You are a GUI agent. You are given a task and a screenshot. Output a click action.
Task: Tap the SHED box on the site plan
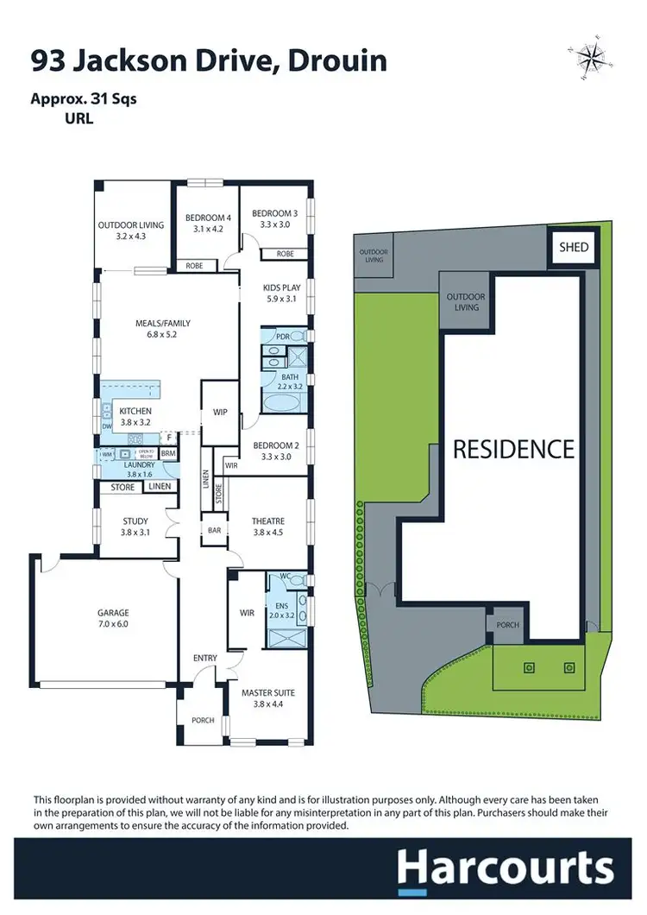(x=573, y=247)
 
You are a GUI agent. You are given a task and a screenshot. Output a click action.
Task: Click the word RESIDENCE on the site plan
(x=513, y=449)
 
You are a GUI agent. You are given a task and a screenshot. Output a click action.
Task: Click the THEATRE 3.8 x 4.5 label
(x=267, y=526)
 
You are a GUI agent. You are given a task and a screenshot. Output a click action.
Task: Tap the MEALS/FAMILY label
(x=162, y=329)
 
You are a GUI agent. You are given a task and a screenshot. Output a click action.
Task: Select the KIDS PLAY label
(x=280, y=293)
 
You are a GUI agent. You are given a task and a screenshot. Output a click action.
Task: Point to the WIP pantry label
(x=220, y=413)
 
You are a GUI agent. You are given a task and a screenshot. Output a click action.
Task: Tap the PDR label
(x=281, y=336)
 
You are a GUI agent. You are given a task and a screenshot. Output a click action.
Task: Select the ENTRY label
(x=204, y=659)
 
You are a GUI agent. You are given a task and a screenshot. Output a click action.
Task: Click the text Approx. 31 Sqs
(x=84, y=98)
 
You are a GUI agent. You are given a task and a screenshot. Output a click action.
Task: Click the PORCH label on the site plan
(x=508, y=625)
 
